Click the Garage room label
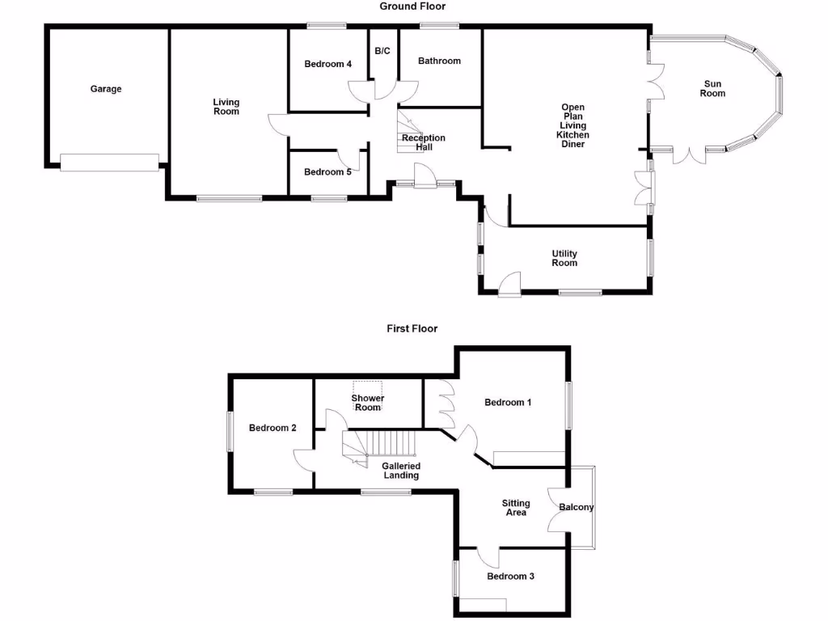(x=106, y=89)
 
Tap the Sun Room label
(x=713, y=88)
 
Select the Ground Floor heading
(x=412, y=6)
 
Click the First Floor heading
(x=412, y=328)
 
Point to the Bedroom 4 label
(x=327, y=65)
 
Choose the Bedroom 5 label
(x=327, y=171)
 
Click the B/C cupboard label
(x=382, y=51)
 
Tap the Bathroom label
(x=439, y=61)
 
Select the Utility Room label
(x=564, y=258)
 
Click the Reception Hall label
(x=425, y=143)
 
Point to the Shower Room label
(x=368, y=403)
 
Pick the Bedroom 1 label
(x=508, y=403)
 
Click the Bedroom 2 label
(x=272, y=428)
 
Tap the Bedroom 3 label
(x=510, y=577)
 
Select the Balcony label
(x=577, y=508)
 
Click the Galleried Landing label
(x=401, y=471)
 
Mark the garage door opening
(x=110, y=163)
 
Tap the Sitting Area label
(x=516, y=507)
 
